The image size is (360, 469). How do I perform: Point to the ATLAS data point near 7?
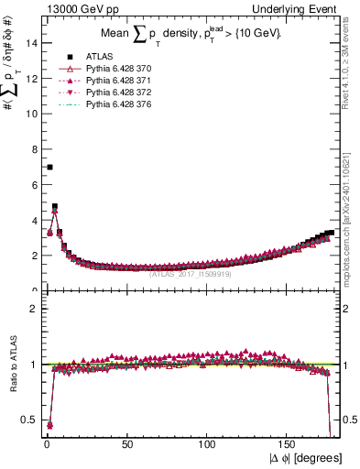click(49, 167)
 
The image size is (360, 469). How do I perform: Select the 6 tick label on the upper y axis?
click(34, 185)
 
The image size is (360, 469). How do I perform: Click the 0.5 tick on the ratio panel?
click(30, 420)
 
